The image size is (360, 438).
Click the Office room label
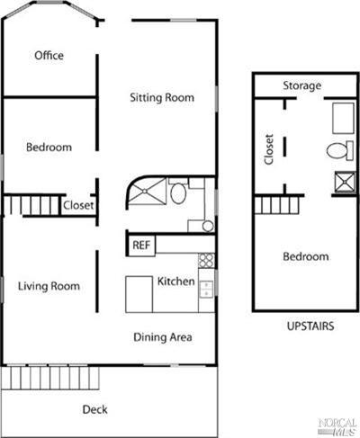tap(49, 56)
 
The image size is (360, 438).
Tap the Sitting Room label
tap(162, 98)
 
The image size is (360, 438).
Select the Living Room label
tap(49, 286)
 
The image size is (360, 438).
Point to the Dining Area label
tap(163, 337)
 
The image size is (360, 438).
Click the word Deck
tap(94, 409)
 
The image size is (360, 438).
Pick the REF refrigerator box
tap(140, 246)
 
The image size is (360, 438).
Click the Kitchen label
tap(176, 282)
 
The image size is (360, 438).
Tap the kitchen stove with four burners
tap(206, 260)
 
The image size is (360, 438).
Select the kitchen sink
tap(206, 289)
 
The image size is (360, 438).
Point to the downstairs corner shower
tap(147, 192)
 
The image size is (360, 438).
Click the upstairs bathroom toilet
tap(340, 150)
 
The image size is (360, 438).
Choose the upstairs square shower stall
tap(346, 182)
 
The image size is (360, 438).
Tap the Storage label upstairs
tap(302, 85)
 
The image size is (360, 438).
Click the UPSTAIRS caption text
tap(310, 326)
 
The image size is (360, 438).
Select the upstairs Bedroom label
tap(306, 256)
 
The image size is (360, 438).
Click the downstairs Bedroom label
tap(49, 147)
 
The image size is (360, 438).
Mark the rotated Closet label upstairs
tap(269, 149)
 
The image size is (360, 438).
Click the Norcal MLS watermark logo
tap(337, 427)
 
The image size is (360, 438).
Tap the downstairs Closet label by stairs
tap(78, 205)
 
